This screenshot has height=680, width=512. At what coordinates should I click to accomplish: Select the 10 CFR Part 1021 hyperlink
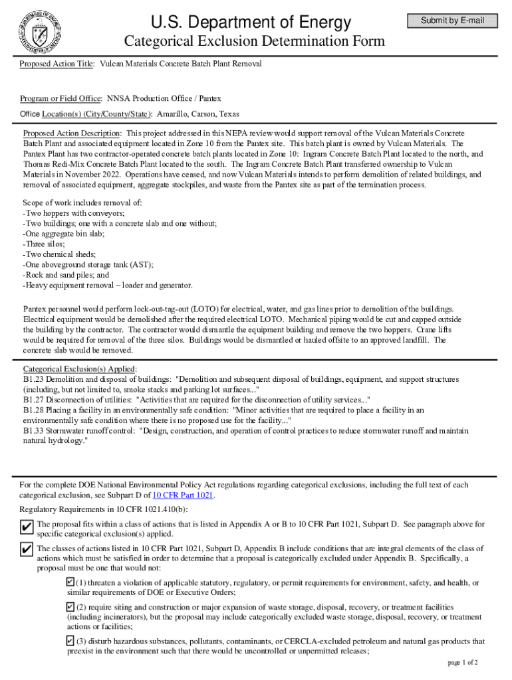point(184,495)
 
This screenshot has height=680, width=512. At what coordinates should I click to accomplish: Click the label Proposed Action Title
point(57,64)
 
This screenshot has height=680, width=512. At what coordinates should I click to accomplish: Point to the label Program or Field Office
point(60,98)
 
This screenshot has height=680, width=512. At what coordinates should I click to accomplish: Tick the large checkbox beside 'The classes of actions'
point(27,549)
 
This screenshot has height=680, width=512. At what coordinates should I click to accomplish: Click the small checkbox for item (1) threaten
point(70,582)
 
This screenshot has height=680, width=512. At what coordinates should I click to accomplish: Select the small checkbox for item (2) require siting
point(70,607)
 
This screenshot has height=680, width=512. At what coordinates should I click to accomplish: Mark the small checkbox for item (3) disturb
point(70,641)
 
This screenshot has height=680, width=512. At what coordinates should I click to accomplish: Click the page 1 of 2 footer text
point(463,663)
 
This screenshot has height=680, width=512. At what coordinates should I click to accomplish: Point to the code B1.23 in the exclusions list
point(34,379)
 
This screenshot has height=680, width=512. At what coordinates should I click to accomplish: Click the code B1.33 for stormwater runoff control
point(34,431)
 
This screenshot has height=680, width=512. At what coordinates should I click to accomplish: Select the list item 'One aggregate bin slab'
point(64,234)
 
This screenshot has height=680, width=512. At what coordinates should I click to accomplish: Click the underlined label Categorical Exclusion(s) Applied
point(80,369)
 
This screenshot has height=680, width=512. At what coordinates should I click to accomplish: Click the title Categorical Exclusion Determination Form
point(255,42)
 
